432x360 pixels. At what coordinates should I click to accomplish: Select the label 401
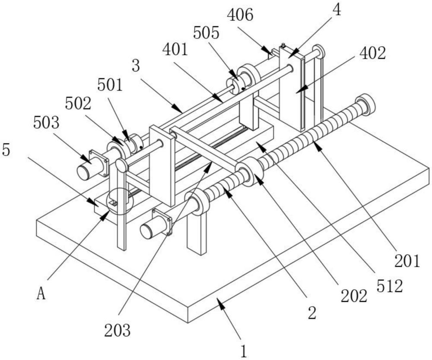tap(175, 51)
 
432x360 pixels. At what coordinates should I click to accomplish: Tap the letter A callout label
tap(41, 294)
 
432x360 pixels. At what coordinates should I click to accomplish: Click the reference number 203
tap(118, 331)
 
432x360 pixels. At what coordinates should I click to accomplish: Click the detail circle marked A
tap(117, 201)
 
